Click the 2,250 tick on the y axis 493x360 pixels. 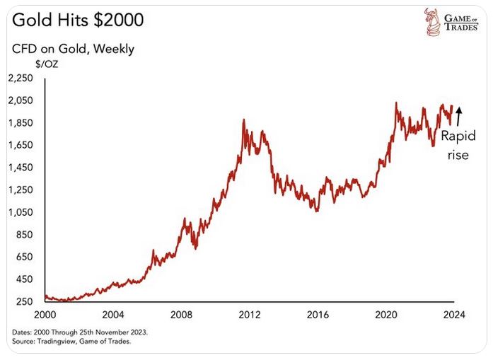(x=21, y=78)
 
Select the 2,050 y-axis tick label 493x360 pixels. (x=21, y=100)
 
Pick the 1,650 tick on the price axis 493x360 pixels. (x=21, y=145)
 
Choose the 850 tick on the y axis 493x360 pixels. (x=24, y=234)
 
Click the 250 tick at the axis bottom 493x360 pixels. (x=24, y=301)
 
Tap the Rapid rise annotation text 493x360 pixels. (x=458, y=145)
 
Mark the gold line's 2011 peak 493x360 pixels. (x=243, y=120)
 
